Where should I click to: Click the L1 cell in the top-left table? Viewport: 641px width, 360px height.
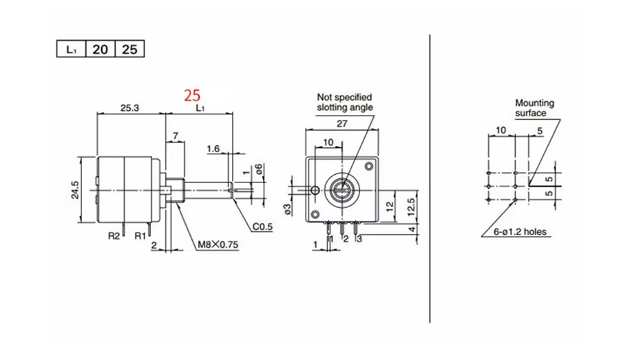coord(70,50)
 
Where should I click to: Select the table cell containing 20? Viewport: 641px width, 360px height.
coord(100,50)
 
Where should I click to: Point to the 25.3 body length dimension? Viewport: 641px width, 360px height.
coord(131,108)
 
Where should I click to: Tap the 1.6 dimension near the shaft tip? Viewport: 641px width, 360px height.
coord(213,149)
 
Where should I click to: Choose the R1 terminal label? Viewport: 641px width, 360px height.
coord(140,236)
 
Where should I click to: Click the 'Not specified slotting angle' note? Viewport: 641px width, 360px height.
coord(344,103)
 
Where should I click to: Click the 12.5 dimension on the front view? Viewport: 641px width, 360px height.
coord(411,206)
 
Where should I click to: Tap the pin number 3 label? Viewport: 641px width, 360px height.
coord(359,239)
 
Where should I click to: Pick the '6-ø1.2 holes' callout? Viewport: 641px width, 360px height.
coord(521,232)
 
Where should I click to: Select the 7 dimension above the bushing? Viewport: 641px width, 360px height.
coord(176,136)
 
